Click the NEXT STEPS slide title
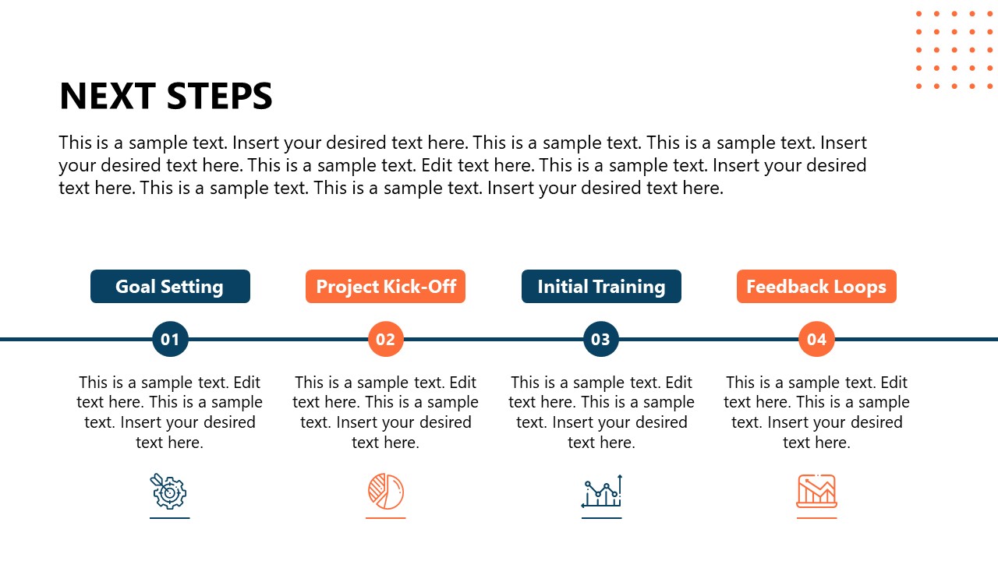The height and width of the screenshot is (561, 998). tap(165, 97)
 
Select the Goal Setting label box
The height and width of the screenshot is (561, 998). tap(170, 287)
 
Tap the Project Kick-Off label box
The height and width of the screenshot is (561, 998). tap(385, 287)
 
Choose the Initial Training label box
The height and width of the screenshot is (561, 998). tap(601, 287)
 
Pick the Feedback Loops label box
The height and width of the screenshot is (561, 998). tap(816, 287)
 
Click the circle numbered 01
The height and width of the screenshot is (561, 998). tap(170, 339)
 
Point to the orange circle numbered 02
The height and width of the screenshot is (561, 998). tap(385, 339)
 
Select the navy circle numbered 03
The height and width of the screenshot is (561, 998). tap(601, 339)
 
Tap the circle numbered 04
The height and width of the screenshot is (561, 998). tap(816, 339)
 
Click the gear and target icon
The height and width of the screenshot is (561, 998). tap(169, 491)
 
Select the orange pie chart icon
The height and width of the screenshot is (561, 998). tap(385, 491)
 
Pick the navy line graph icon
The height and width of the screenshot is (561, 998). tap(601, 491)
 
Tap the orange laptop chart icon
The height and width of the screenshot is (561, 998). tap(816, 491)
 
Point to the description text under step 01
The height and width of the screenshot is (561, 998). tap(170, 412)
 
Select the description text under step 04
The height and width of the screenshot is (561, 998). tap(816, 412)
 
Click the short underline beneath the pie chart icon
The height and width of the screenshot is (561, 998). tap(385, 517)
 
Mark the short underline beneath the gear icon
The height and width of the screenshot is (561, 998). tap(170, 517)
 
